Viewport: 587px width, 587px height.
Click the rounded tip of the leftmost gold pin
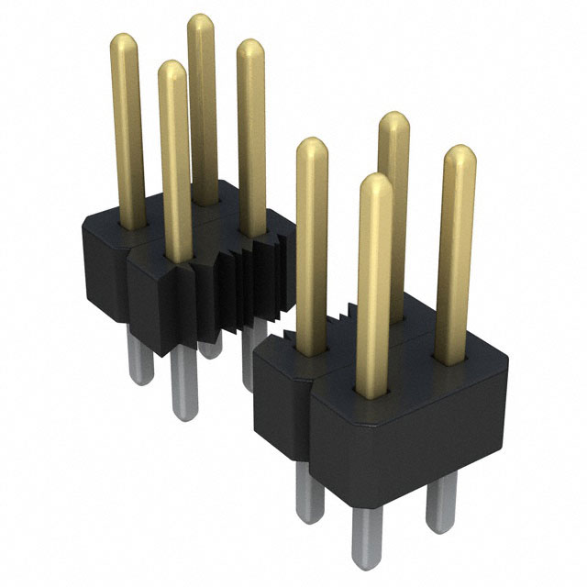(x=125, y=43)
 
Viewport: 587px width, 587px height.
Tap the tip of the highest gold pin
(x=201, y=22)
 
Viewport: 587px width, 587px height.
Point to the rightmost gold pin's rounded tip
(x=460, y=154)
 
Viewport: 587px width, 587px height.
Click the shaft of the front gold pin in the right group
(x=375, y=293)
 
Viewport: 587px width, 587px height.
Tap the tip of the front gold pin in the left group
(x=171, y=70)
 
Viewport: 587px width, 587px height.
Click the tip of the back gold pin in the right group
(x=393, y=120)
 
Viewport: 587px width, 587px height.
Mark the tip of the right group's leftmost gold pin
(x=312, y=147)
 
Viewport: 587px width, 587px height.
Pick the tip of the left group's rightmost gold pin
(x=250, y=48)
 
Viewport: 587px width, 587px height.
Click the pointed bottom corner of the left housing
(x=163, y=351)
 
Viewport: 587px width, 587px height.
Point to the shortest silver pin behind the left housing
(x=212, y=349)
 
